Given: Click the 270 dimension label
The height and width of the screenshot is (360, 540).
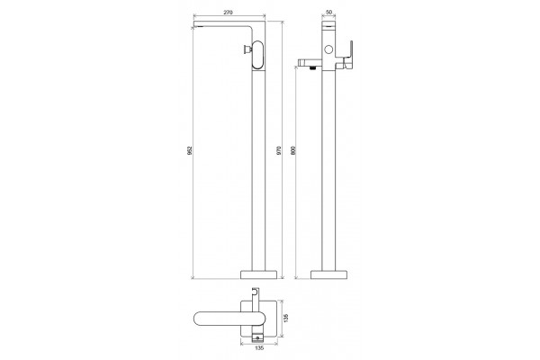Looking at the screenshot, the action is [228, 13].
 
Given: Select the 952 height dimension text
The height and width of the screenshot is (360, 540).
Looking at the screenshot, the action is [189, 150].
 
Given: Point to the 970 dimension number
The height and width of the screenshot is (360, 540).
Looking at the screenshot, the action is [279, 150].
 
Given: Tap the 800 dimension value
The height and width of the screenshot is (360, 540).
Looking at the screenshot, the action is [293, 150].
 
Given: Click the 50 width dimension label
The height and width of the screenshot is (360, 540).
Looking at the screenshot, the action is [328, 12].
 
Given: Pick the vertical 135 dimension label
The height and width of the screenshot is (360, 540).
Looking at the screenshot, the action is [286, 318].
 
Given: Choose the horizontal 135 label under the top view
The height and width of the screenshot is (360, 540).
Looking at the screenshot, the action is [260, 348].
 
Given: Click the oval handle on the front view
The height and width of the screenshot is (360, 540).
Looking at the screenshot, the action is [258, 55].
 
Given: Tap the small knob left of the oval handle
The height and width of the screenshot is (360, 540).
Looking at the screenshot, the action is [247, 50].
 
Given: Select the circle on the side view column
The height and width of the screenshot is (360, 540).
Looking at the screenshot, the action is [328, 49].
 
